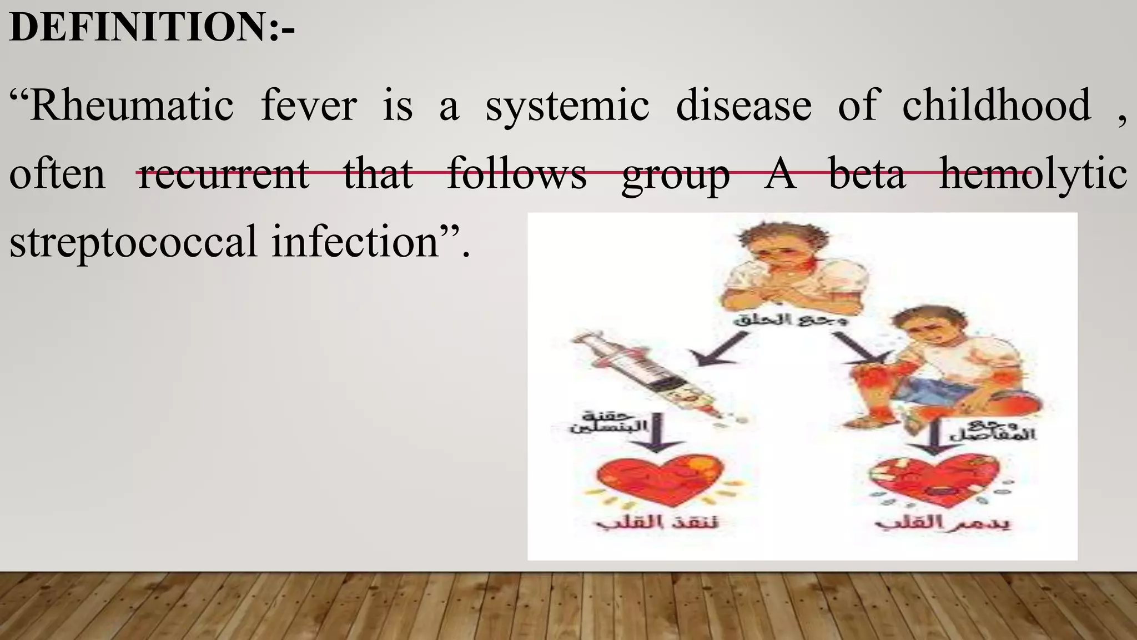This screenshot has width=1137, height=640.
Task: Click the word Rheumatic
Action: (x=132, y=106)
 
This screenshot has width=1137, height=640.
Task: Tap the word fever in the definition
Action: (x=309, y=106)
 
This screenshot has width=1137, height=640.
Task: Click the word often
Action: (x=57, y=174)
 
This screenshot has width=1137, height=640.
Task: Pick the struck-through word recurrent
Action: (x=223, y=174)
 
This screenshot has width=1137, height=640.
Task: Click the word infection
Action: (x=355, y=242)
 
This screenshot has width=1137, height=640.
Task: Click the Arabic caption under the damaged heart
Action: (x=942, y=523)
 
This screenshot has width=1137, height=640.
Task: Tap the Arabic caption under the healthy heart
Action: (x=657, y=523)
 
